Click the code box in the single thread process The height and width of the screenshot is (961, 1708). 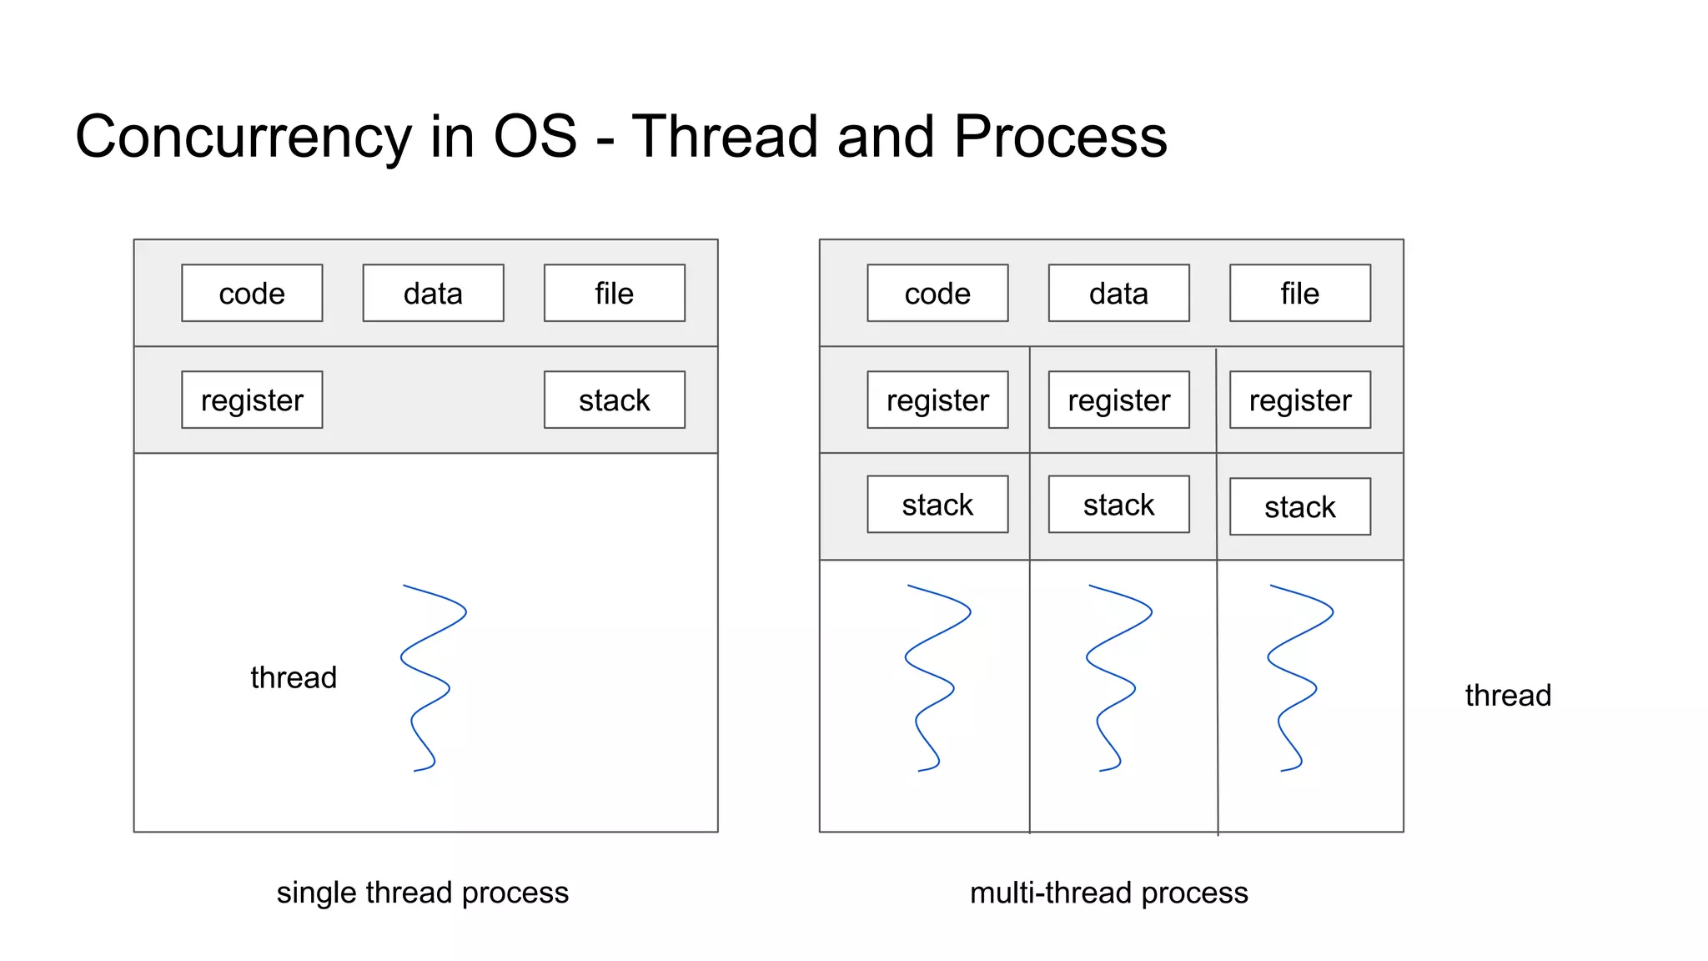252,293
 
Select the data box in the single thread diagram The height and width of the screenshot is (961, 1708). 433,293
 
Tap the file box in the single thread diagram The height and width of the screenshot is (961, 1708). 614,293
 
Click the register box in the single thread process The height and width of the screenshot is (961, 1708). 252,400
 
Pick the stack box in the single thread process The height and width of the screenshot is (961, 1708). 614,400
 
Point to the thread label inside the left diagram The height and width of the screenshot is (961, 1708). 294,677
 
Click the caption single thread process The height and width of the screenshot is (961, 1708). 422,893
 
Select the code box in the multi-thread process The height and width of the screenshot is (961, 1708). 937,293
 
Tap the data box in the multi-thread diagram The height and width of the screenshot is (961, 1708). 1118,293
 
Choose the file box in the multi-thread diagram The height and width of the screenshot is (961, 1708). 1299,293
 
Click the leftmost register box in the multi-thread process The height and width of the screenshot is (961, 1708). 937,400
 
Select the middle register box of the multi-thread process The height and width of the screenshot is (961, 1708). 1118,400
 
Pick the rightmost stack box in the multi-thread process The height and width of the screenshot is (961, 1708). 1299,506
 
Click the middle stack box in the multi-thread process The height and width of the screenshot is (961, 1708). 1118,504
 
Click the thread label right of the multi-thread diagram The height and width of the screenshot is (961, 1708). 1508,695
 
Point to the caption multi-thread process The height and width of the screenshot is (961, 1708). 1108,893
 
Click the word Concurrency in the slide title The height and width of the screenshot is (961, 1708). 243,137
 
